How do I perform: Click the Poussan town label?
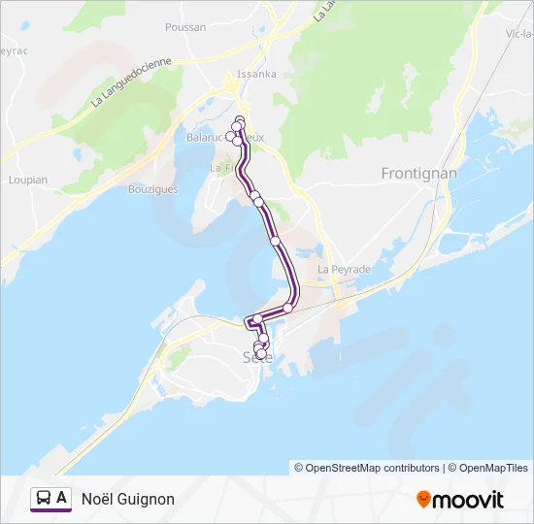click(185, 27)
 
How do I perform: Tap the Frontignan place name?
click(418, 173)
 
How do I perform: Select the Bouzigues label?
click(153, 189)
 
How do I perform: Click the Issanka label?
click(257, 74)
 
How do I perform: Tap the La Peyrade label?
click(345, 269)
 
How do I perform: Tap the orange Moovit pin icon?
click(423, 500)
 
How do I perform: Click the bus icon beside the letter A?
click(44, 498)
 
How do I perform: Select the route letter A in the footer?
click(62, 498)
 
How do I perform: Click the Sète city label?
click(257, 358)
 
